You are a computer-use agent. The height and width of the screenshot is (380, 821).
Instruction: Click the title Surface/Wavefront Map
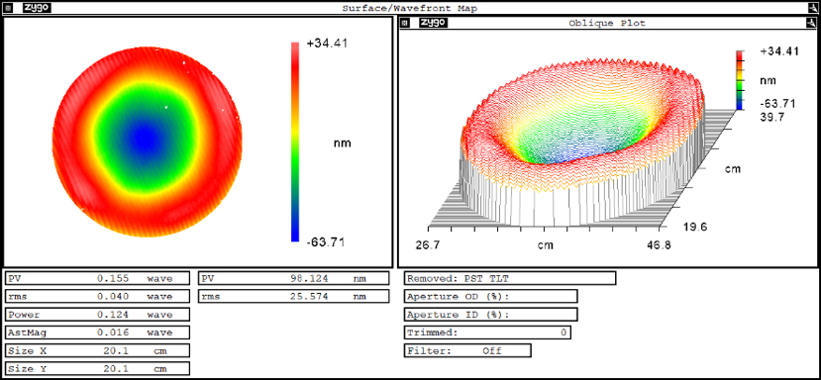point(409,8)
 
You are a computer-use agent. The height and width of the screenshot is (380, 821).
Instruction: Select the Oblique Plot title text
point(607,23)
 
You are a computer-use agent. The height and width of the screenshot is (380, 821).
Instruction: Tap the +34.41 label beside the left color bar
point(327,44)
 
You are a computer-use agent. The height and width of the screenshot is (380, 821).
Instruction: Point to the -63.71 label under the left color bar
point(325,243)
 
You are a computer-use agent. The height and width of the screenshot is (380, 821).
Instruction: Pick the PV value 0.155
point(113,278)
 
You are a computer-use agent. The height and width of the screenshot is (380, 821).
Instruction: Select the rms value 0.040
point(113,296)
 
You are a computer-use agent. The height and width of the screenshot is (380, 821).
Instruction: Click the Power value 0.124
point(113,315)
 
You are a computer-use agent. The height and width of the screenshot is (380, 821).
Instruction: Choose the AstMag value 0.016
point(113,332)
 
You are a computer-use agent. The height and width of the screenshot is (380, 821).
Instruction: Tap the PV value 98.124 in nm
point(309,278)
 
